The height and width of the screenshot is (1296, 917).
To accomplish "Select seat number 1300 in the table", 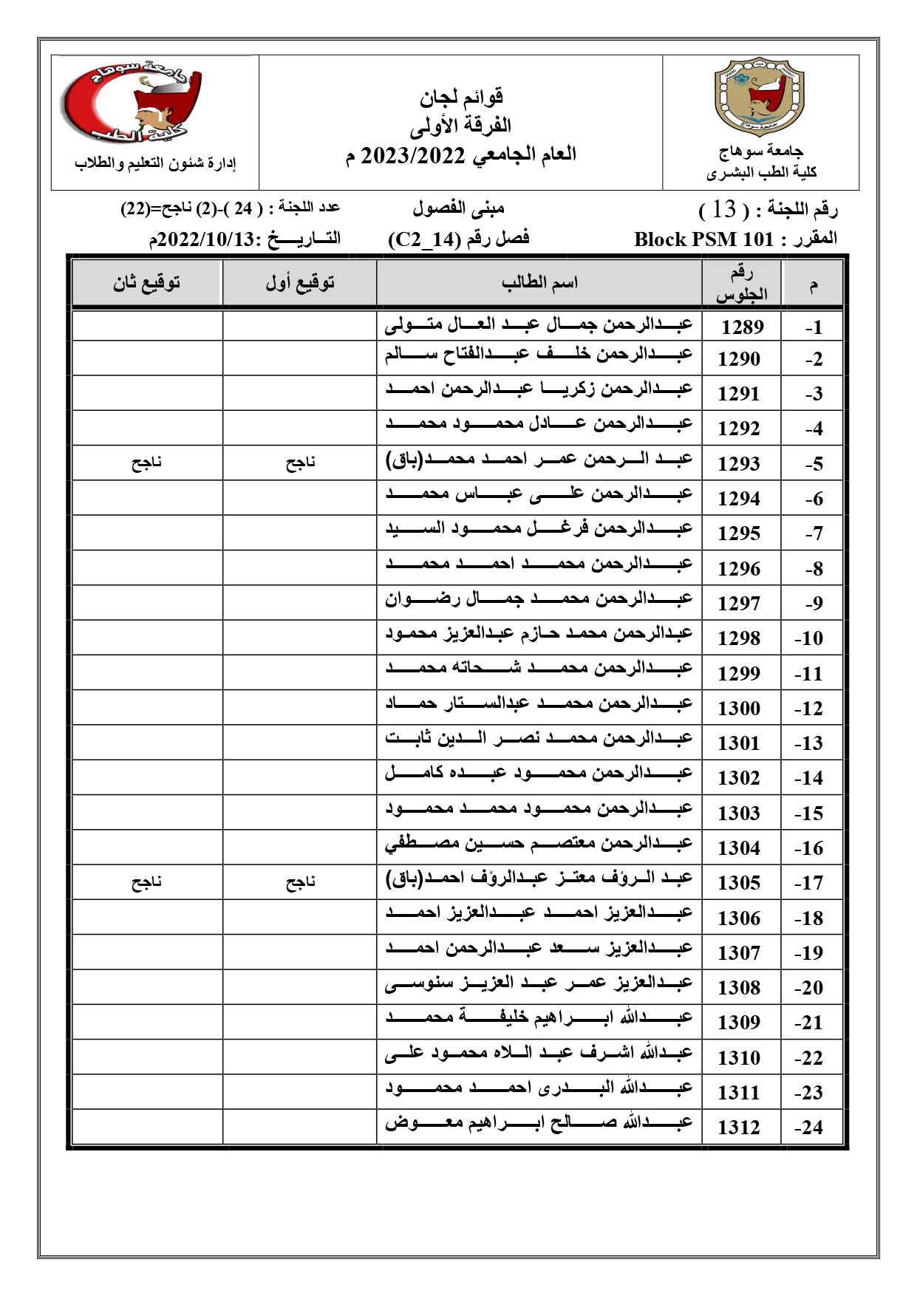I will coord(739,708).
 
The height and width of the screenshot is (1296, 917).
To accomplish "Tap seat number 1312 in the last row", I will coord(739,1127).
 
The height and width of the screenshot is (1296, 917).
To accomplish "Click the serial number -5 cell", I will coord(814,464).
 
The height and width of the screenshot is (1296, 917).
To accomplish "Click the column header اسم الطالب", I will coord(539,282).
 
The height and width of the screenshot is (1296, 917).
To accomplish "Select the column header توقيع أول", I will coord(300,282).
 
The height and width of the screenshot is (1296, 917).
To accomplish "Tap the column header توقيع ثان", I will coord(146,282).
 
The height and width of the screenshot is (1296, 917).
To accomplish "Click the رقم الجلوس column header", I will coord(741,284).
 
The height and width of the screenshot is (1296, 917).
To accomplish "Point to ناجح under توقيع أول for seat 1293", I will coord(301,463).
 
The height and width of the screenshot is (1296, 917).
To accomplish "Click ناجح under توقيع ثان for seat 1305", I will coord(146,882).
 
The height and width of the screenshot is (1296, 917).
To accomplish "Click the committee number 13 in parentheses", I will coord(725,210).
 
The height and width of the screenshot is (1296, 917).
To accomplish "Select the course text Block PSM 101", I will coord(703,239).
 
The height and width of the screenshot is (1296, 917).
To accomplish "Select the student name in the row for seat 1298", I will coord(539,633).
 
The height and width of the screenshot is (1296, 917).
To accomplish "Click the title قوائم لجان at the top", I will coord(462,96).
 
